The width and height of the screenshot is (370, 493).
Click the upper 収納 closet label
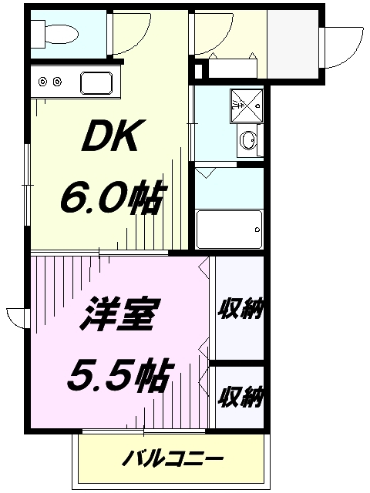(x=240, y=310)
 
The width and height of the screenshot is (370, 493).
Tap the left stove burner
(x=43, y=81)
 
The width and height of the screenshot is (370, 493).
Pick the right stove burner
(x=58, y=81)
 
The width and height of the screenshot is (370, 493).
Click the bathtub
(x=229, y=229)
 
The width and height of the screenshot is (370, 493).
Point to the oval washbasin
(x=248, y=141)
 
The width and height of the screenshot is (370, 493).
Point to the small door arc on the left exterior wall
(x=17, y=317)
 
